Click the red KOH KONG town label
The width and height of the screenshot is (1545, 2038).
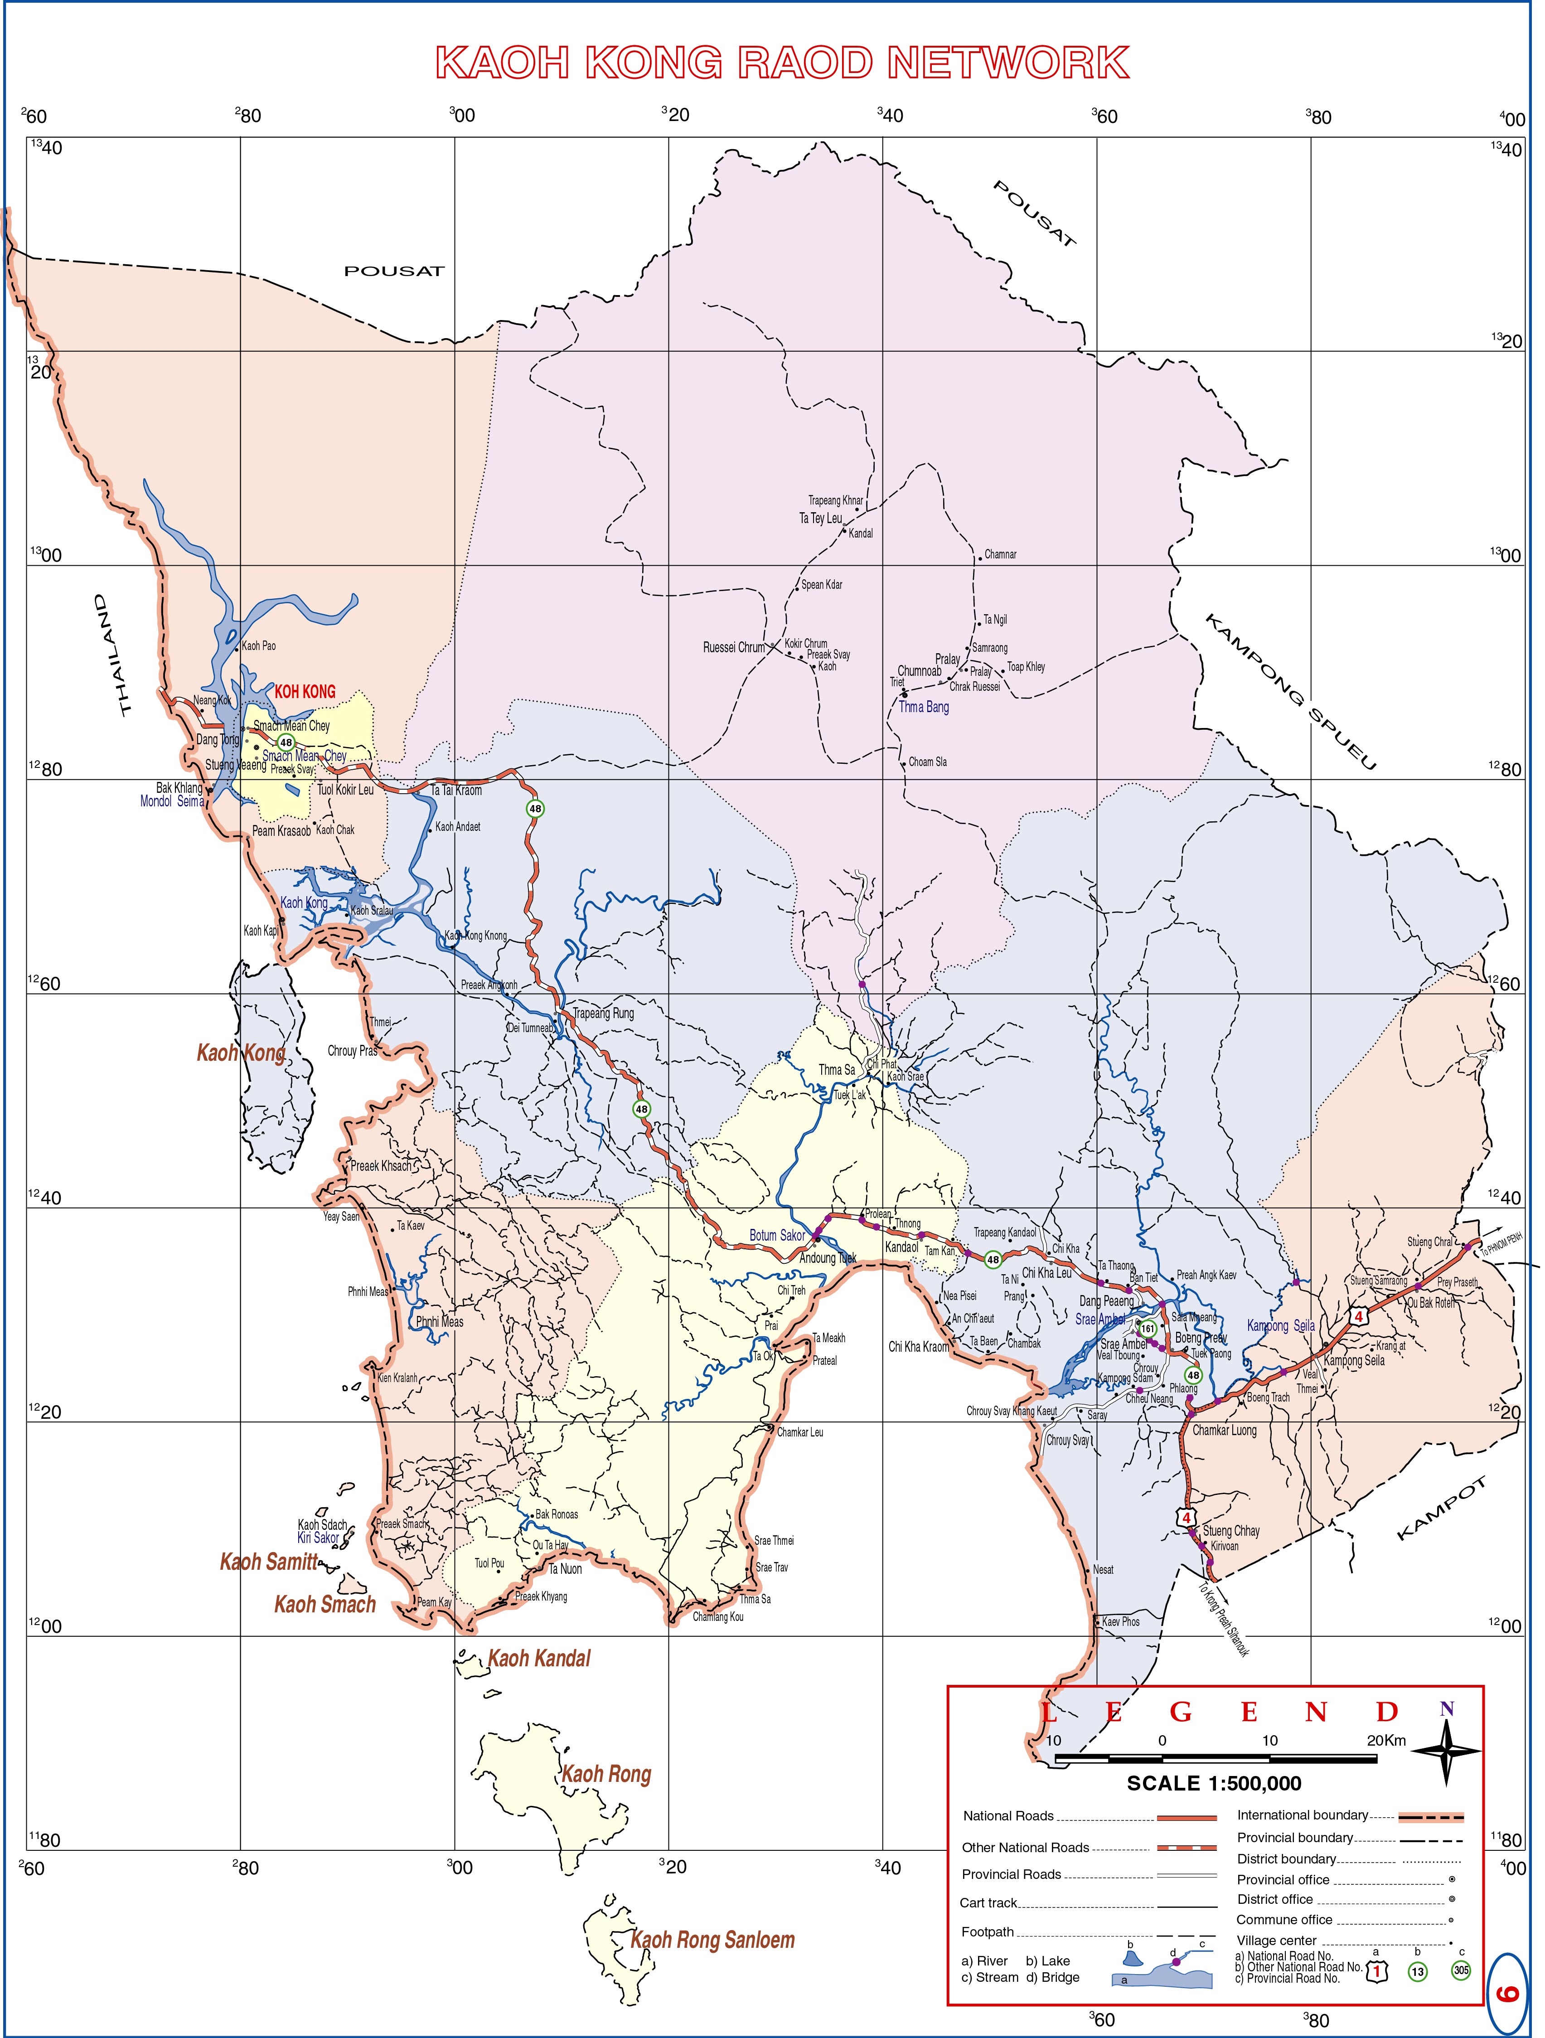[x=305, y=692]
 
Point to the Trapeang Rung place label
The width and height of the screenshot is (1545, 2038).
[x=603, y=1014]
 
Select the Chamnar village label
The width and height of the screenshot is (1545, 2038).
[x=1000, y=555]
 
